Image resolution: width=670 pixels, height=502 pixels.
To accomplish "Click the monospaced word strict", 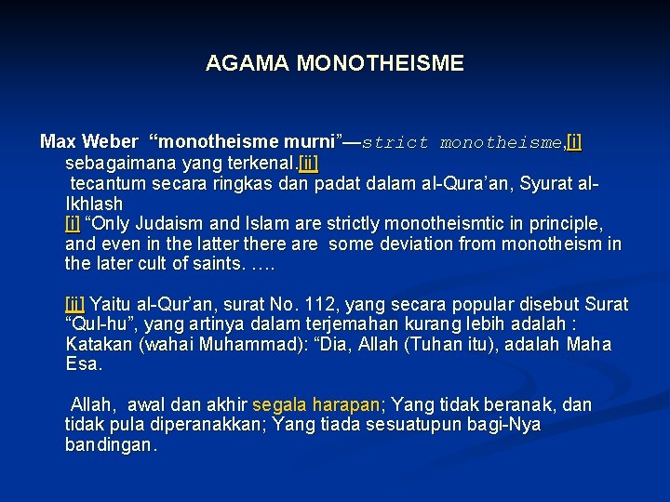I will coord(395,143).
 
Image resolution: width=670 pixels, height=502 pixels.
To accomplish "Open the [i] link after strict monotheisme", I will coord(574,142).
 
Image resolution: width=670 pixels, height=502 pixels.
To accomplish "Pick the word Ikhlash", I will coord(94,203).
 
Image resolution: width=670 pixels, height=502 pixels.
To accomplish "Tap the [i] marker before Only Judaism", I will coord(73,223).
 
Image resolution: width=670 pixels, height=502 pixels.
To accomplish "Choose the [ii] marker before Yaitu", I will coord(74,305).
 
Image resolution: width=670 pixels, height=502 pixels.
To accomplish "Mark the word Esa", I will coord(82,364).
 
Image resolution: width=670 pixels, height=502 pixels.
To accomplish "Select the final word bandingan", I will coord(109,445).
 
